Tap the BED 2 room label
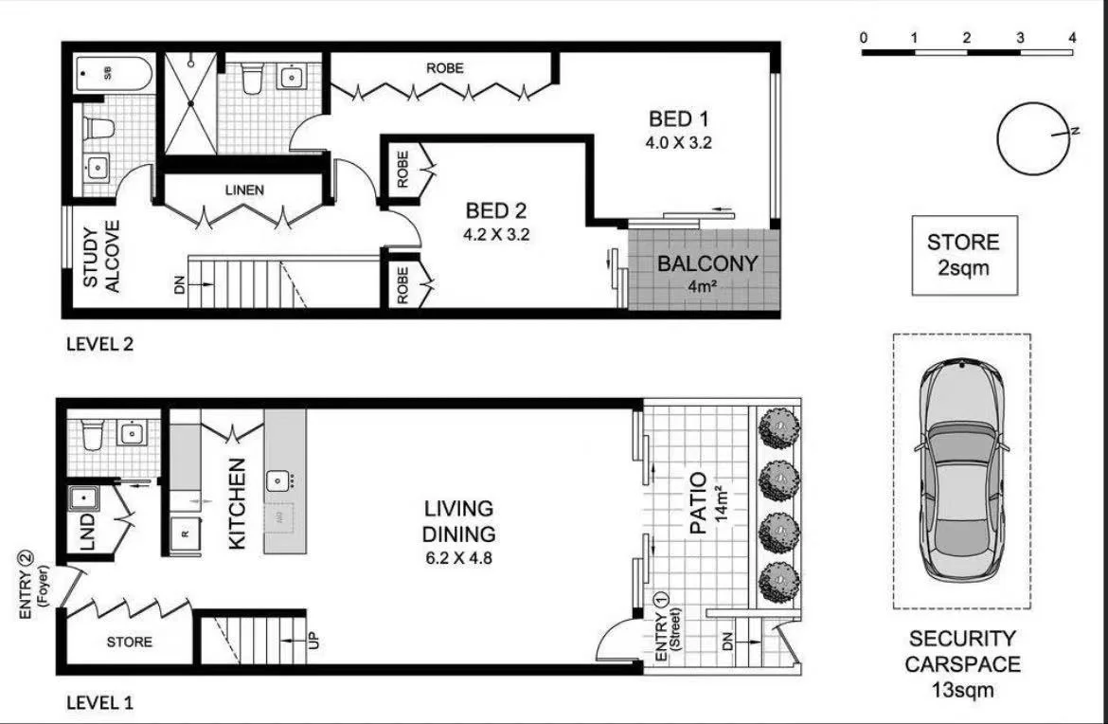coord(495,210)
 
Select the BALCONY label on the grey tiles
coord(707,263)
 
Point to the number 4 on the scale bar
coord(1072,38)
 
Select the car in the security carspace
coord(961,471)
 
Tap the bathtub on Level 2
coord(112,73)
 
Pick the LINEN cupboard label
coord(244,190)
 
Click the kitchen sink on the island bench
coord(278,480)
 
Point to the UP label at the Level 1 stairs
coord(313,641)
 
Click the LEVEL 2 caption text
coord(99,345)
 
